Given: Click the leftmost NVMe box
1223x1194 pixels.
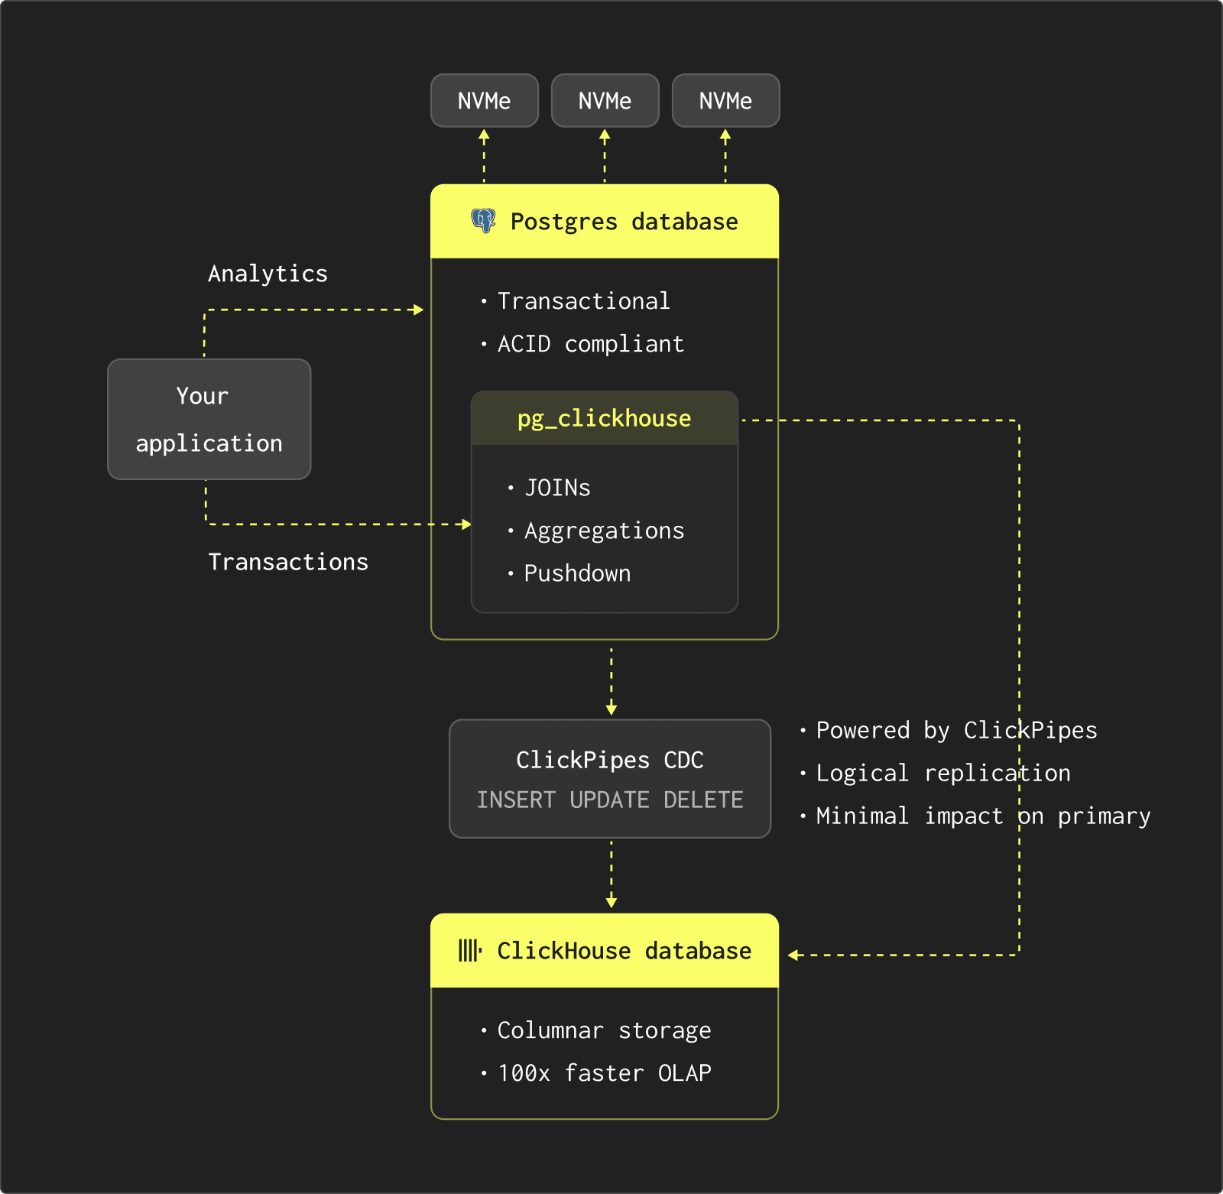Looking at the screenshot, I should click(x=484, y=101).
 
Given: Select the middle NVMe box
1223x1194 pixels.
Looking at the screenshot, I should click(x=605, y=101).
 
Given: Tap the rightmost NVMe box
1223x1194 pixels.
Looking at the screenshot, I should click(x=725, y=101).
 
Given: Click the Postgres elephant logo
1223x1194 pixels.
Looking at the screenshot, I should click(x=483, y=221).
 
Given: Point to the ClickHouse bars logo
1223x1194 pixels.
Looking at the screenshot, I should click(x=469, y=950).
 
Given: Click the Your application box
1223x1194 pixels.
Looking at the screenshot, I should click(x=209, y=420).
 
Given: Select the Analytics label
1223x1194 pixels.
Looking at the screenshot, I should click(x=268, y=274).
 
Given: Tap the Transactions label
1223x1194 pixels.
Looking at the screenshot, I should click(x=288, y=562).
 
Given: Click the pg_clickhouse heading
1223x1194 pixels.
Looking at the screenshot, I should click(x=604, y=418).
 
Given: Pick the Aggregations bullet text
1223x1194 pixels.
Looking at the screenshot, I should click(x=604, y=530).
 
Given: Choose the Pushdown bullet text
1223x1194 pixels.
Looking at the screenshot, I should click(x=577, y=573).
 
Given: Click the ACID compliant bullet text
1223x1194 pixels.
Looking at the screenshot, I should click(x=590, y=344).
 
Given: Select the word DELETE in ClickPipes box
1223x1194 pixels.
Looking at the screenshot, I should click(x=703, y=800).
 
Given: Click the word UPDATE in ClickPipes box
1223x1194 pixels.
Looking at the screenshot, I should click(x=609, y=800).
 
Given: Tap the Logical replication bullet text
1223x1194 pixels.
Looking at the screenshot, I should click(x=942, y=773).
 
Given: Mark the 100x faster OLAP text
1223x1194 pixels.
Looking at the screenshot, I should click(x=604, y=1073).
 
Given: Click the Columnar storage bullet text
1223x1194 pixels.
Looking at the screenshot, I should click(x=604, y=1030).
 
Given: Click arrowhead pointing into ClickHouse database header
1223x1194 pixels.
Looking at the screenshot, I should click(x=793, y=955).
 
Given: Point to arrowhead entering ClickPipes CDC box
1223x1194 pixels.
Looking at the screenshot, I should click(x=611, y=710).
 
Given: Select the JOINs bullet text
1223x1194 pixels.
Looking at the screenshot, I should click(x=557, y=488).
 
